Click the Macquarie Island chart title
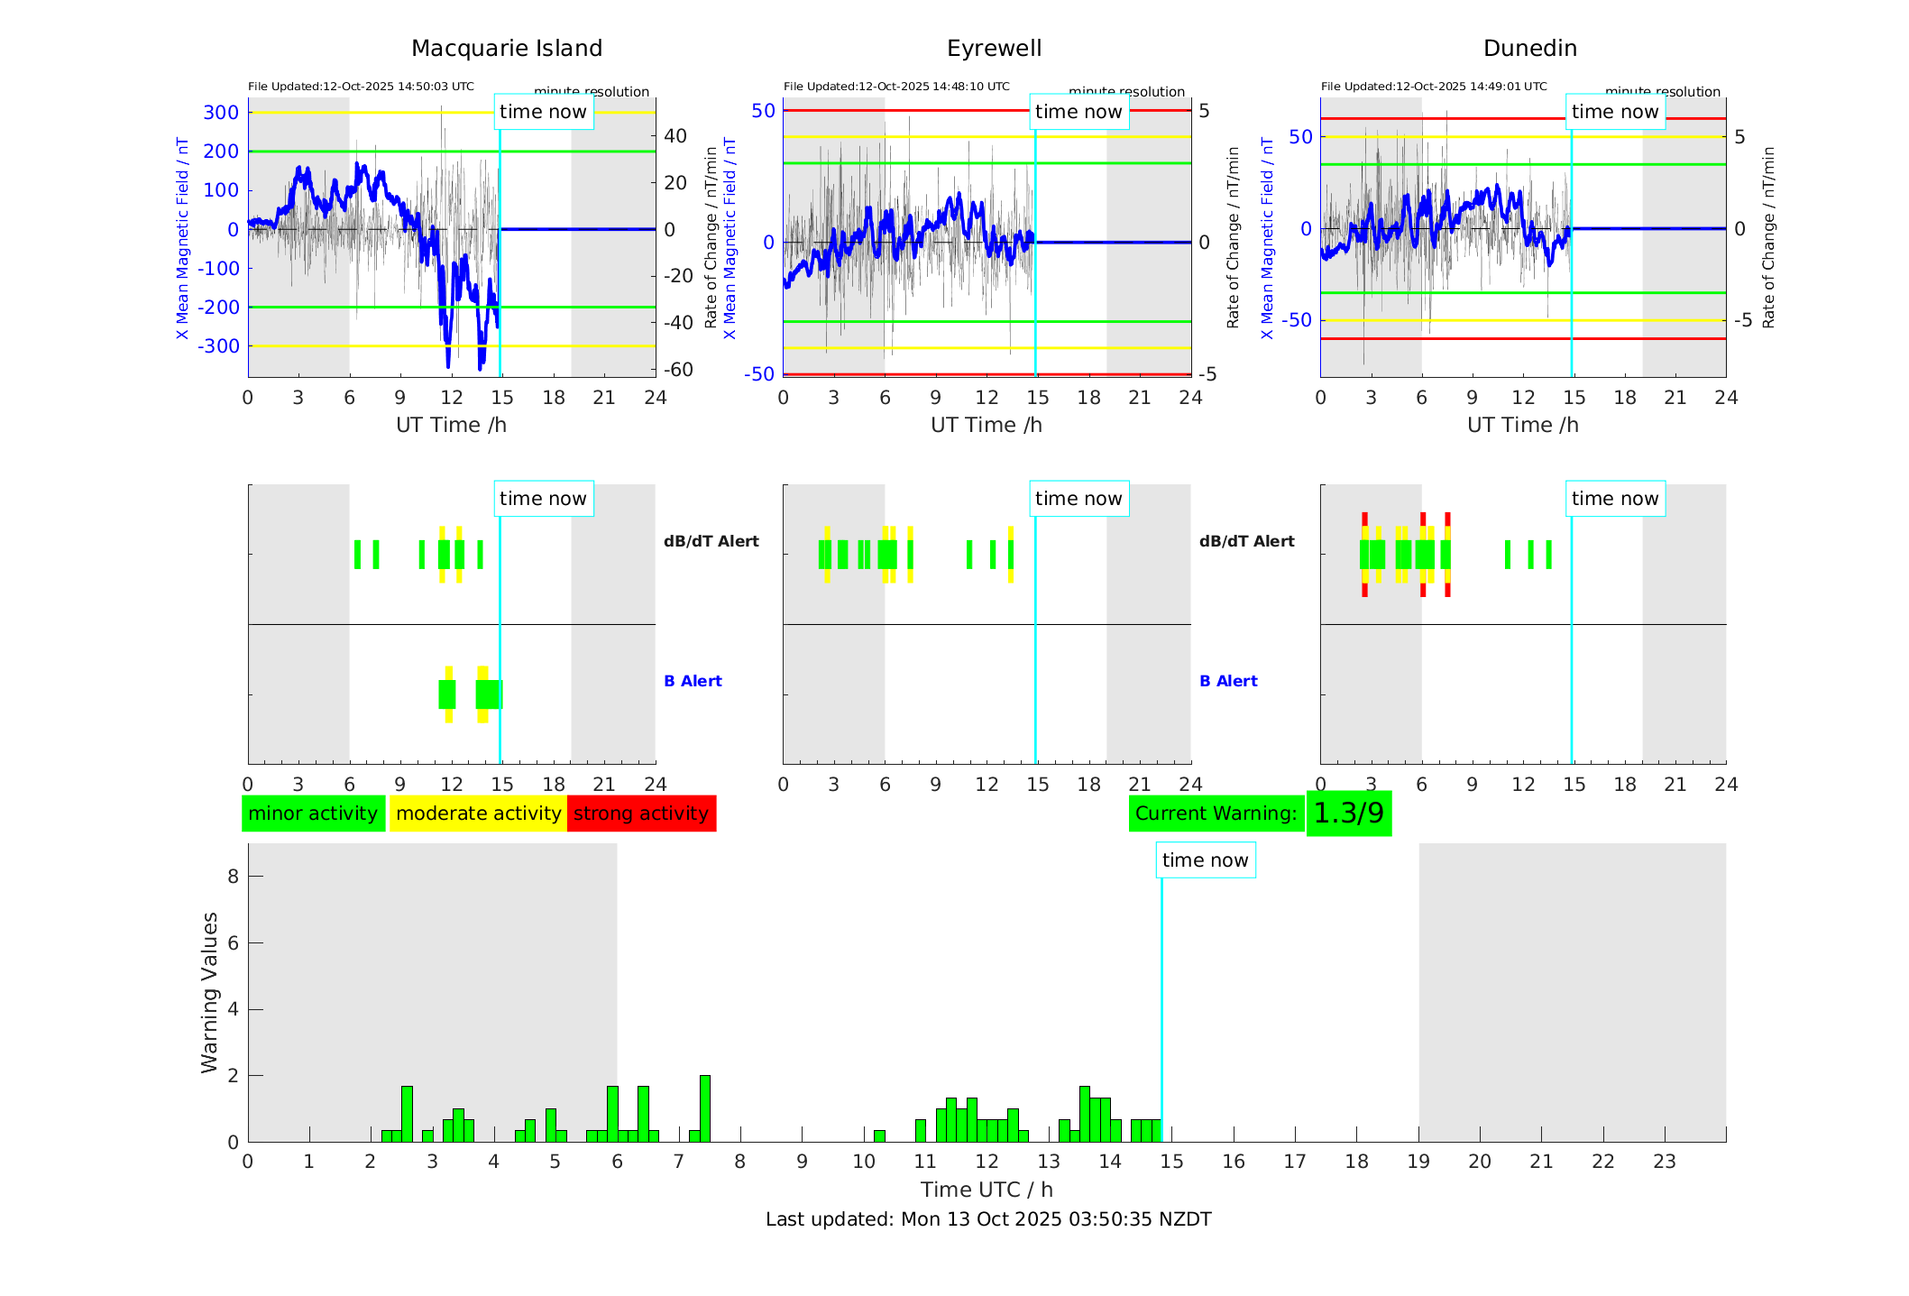(x=506, y=49)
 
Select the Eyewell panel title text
(x=994, y=49)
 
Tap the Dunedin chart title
(x=1529, y=49)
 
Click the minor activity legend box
(x=313, y=813)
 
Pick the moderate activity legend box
(x=478, y=813)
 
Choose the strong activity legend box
(x=641, y=813)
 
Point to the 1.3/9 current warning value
(x=1348, y=813)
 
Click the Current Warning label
(x=1216, y=813)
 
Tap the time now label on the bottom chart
(x=1205, y=860)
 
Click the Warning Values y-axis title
(x=210, y=992)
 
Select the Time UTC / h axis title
(x=987, y=1190)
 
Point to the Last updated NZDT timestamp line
(x=988, y=1219)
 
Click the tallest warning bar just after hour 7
(x=705, y=1109)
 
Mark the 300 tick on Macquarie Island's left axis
(x=221, y=113)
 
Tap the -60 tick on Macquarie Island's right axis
(x=678, y=370)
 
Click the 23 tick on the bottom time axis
(x=1664, y=1162)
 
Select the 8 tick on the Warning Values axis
(x=233, y=877)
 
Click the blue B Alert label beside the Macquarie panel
(x=693, y=681)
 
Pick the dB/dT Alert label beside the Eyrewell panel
(x=1246, y=541)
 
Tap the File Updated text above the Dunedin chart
(x=1434, y=87)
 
